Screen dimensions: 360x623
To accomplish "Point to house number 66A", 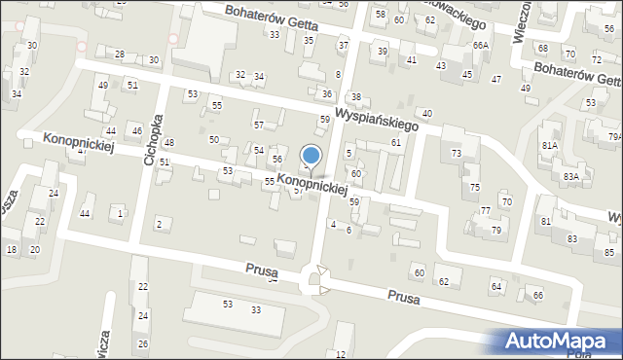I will coord(480,46).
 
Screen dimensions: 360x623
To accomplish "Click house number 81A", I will coord(550,146).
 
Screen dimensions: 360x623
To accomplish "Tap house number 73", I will coord(456,154).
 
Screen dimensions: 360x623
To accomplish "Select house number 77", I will coord(485,211).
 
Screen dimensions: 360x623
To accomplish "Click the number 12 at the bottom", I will coord(341,353).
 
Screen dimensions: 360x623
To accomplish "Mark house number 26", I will coord(142,344).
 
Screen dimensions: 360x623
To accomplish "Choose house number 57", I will coord(258,126).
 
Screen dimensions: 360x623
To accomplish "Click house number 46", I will coord(137,131).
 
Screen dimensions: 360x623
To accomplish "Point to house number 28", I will coord(120,54).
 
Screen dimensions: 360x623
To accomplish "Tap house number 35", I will coord(309,41).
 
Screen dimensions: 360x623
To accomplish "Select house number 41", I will coord(412,60).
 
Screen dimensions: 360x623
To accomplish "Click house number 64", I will coord(496,286).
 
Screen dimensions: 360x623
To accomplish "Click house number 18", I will coord(11,250).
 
